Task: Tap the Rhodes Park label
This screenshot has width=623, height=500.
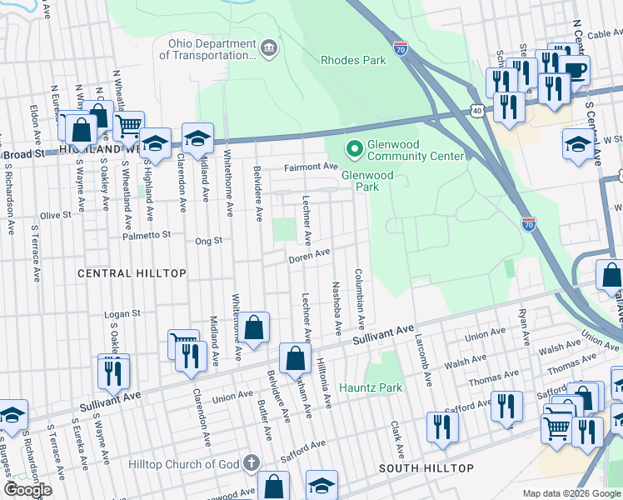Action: (x=354, y=60)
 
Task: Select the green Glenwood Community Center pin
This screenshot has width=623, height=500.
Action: (x=355, y=149)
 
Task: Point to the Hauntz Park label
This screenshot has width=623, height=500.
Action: (x=371, y=387)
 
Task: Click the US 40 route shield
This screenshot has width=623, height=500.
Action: (x=476, y=110)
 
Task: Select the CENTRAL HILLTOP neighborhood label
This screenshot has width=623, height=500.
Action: (x=117, y=273)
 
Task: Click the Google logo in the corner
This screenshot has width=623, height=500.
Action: (x=27, y=490)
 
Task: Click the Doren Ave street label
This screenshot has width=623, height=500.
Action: (x=310, y=256)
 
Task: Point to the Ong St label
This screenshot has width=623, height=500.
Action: (x=209, y=241)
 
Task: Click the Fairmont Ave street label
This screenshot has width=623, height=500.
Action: (x=310, y=167)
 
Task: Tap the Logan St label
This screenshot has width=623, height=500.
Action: (x=122, y=314)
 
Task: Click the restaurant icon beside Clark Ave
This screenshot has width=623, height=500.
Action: (x=442, y=427)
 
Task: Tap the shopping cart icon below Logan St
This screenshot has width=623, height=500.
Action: (x=183, y=342)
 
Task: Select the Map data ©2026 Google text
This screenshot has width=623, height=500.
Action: (x=571, y=493)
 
